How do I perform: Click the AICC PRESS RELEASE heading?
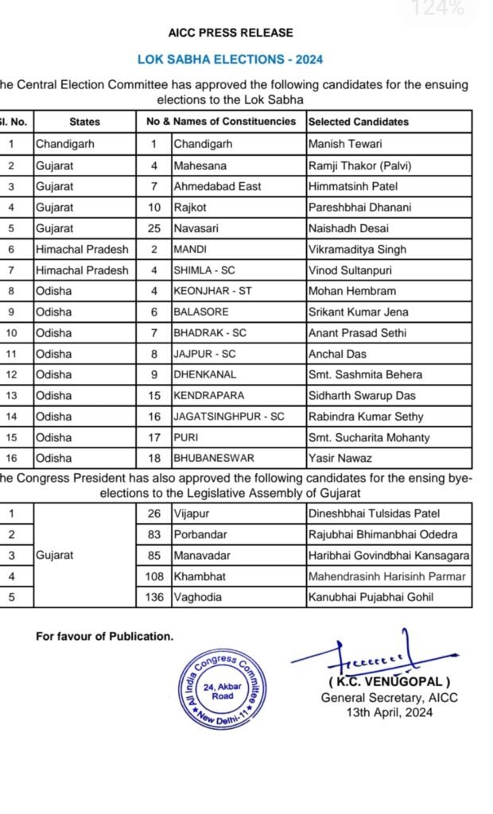point(231,33)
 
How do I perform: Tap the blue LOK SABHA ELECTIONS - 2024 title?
point(231,59)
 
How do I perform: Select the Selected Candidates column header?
point(358,122)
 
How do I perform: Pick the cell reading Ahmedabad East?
point(217,186)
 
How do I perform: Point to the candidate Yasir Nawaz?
point(340,459)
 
